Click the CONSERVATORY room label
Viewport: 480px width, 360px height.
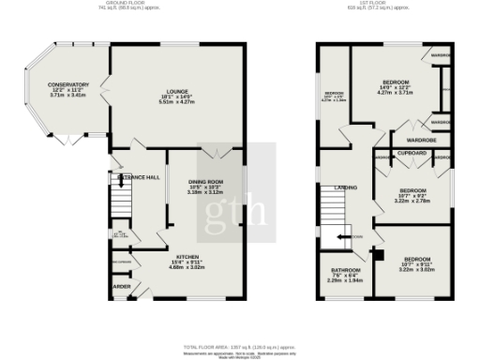tap(67, 84)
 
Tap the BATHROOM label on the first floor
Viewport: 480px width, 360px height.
tap(345, 270)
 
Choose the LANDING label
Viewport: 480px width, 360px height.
tap(344, 188)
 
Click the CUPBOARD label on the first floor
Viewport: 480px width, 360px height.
tap(412, 152)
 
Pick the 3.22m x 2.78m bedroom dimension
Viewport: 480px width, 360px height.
tap(412, 202)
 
